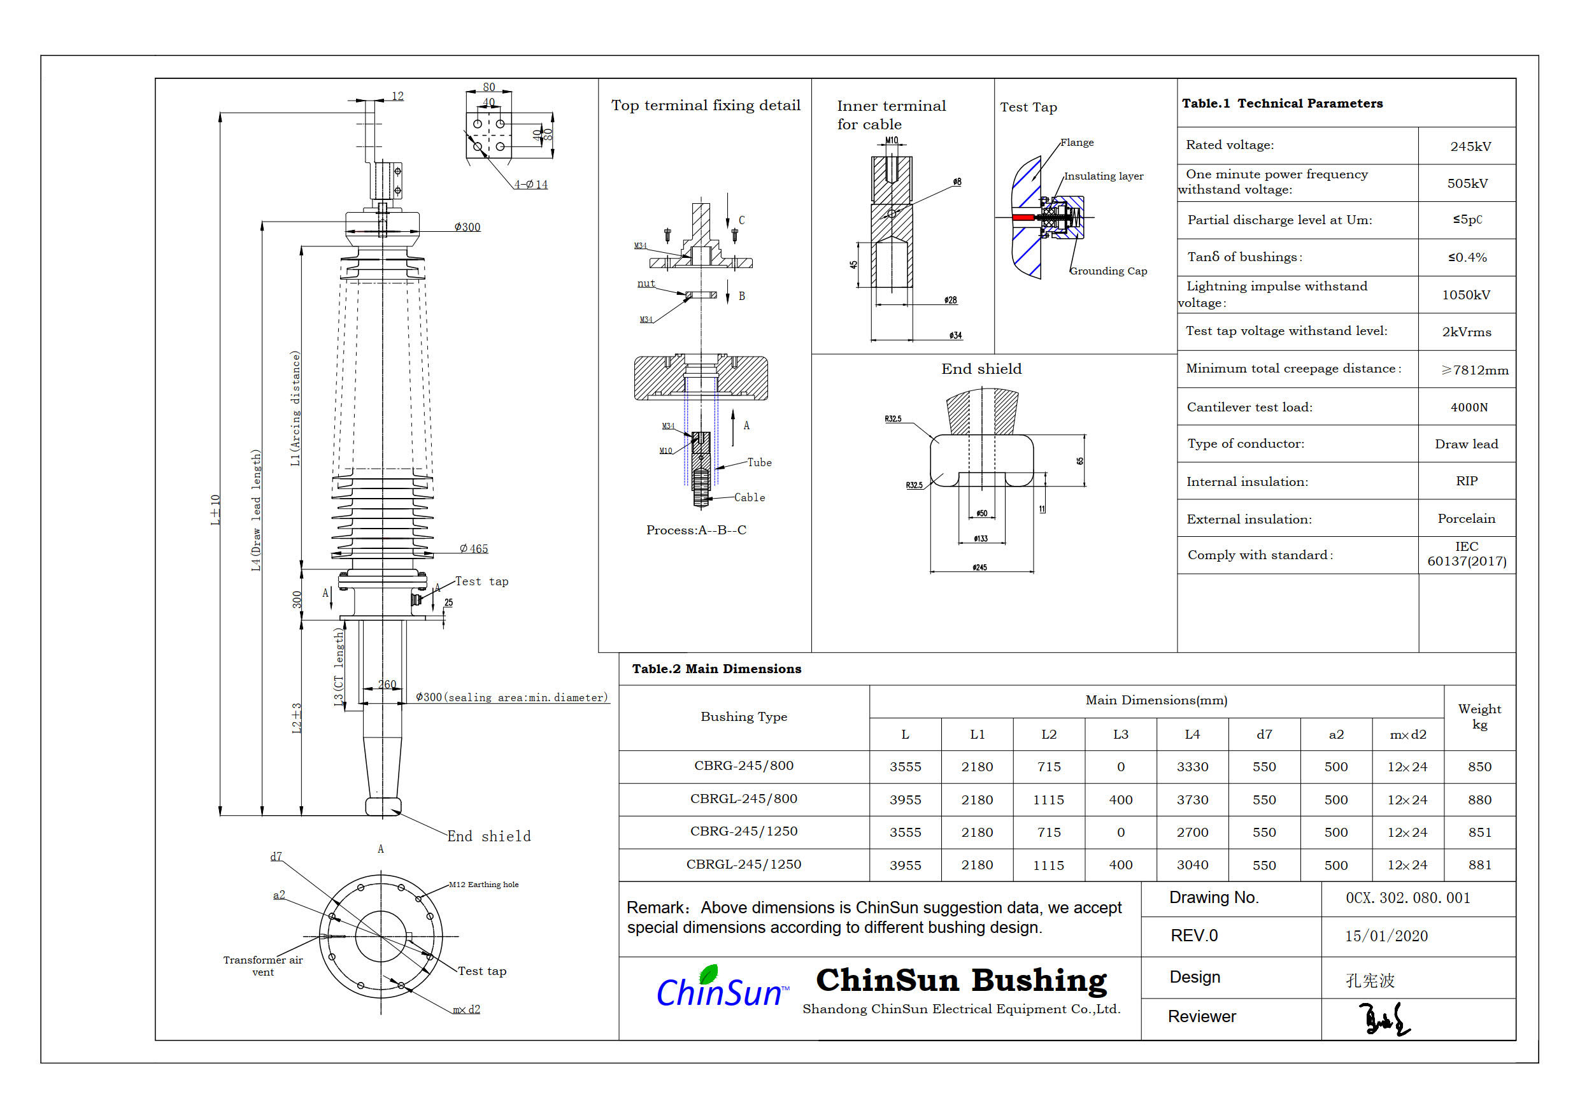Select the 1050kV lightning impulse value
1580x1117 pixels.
pos(1466,295)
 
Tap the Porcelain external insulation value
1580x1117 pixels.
pos(1466,519)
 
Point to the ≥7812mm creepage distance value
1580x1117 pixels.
pos(1474,370)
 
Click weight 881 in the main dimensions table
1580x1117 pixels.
pos(1479,865)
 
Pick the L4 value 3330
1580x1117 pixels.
pos(1192,767)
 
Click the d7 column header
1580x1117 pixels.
pos(1263,735)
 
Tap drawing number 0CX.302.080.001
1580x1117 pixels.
pos(1407,898)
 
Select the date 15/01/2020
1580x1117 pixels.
pos(1386,936)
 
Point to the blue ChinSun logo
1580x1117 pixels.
pos(720,990)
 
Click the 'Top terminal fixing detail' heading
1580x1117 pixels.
pos(706,105)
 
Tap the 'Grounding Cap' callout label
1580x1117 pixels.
pos(1108,271)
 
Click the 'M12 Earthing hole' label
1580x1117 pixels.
pos(483,885)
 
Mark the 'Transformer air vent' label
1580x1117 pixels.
pos(263,965)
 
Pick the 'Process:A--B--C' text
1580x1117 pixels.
pos(695,530)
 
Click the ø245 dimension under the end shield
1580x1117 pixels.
pos(979,568)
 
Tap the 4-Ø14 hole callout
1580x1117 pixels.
pos(530,185)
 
